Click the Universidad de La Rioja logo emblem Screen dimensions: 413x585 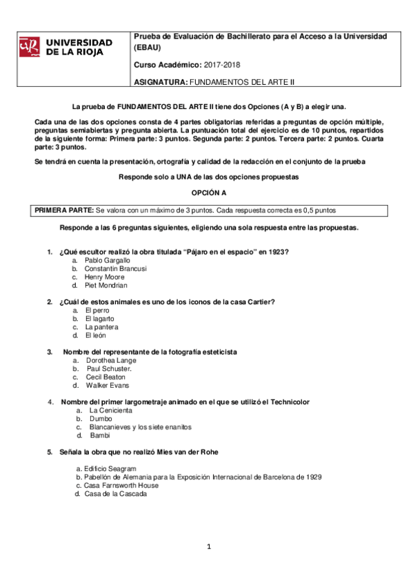click(30, 46)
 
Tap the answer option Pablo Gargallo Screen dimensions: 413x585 click(107, 260)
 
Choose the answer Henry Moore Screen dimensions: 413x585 click(105, 277)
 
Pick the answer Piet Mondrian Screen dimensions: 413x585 click(105, 285)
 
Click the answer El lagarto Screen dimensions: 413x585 click(101, 318)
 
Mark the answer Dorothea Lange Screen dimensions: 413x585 click(110, 360)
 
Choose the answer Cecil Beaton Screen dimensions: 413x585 click(105, 377)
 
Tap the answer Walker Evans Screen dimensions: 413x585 click(107, 385)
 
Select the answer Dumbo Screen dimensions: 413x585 click(101, 418)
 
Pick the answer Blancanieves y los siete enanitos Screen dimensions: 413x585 click(141, 426)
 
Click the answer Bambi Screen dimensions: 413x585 click(100, 435)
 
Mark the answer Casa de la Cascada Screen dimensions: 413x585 click(115, 493)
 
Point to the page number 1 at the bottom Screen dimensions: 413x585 click(208, 547)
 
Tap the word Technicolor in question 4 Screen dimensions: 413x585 click(286, 401)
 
